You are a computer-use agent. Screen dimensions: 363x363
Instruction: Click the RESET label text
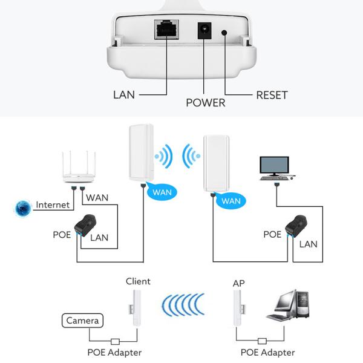272,95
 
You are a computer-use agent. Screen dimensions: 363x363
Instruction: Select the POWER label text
205,103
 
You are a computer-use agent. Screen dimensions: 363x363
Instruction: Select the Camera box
84,320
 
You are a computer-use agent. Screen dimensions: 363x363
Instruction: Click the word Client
138,281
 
